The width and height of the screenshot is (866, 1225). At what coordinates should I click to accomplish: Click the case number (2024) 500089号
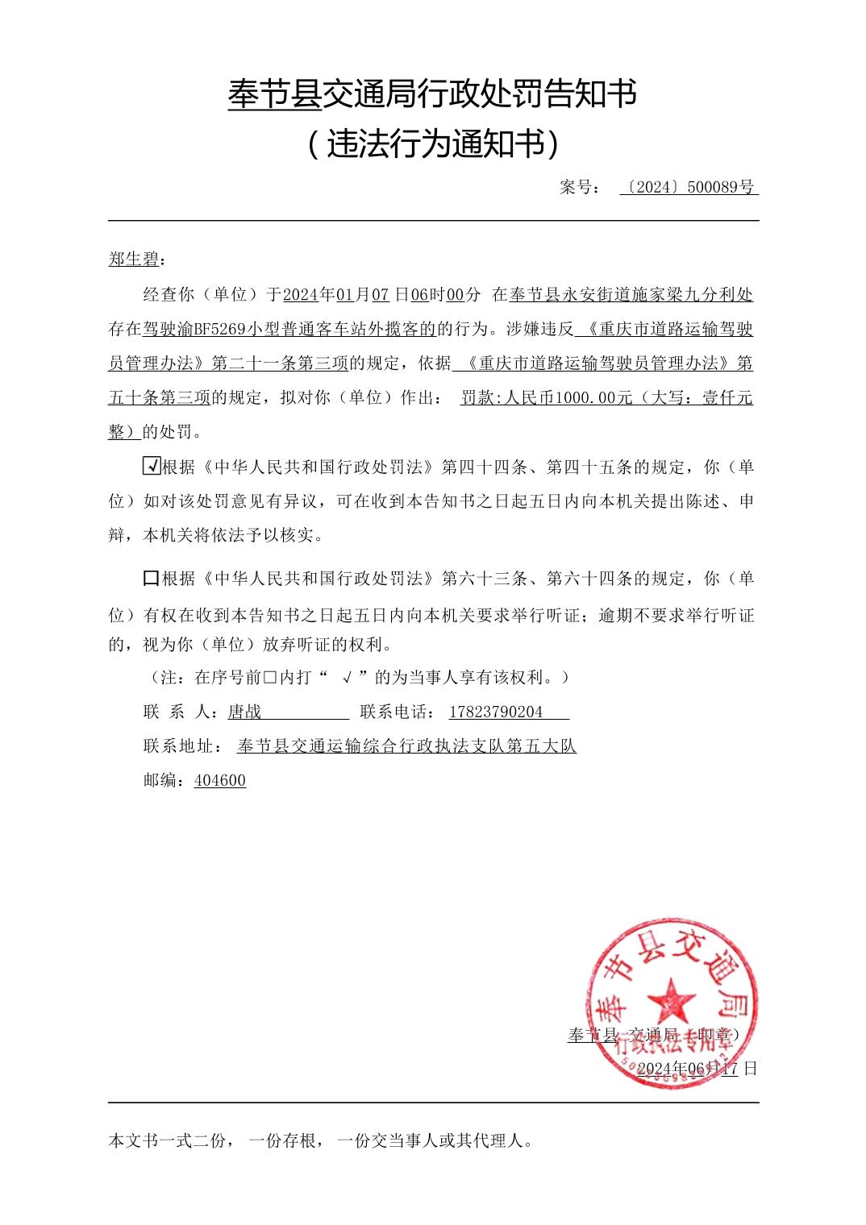coord(689,188)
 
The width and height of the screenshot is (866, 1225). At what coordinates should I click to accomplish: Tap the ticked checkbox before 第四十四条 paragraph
coord(150,466)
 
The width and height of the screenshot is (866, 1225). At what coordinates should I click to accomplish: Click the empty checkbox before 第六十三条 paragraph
coord(150,578)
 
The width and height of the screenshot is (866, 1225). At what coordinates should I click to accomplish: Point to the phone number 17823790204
coord(495,712)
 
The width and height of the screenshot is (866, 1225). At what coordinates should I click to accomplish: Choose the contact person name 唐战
coord(245,712)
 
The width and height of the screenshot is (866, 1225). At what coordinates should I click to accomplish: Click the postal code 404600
coord(220,780)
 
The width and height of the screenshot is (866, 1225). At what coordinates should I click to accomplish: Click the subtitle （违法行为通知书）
coord(433,144)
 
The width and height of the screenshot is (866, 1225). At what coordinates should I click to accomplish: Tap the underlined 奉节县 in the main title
coord(275,94)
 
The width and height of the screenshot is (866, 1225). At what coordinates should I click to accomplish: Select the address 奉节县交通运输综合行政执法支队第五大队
coord(406,746)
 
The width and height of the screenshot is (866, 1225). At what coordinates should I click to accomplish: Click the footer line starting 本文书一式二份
coord(320,1140)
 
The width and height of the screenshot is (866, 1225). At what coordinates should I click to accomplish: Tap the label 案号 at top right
coord(579,188)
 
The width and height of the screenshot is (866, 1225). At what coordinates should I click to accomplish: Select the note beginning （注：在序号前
coord(355,677)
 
